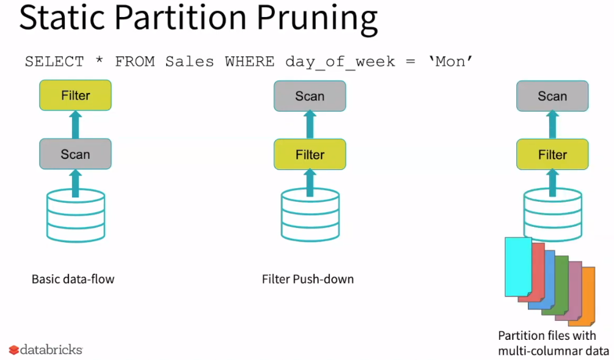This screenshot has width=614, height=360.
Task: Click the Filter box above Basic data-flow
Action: [75, 95]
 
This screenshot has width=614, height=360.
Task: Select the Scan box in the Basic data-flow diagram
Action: [75, 154]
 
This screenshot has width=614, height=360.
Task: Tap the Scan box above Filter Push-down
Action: [310, 96]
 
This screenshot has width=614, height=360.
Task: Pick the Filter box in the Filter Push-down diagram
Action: [310, 155]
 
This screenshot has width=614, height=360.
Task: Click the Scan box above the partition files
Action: [552, 96]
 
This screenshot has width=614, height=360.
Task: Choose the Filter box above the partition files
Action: [552, 155]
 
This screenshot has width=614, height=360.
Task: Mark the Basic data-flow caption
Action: [73, 279]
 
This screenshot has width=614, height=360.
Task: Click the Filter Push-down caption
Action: [307, 279]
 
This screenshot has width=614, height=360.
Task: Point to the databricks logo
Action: [45, 350]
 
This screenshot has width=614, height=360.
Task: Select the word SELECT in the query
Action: [54, 62]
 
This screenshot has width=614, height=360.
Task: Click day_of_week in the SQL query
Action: [340, 62]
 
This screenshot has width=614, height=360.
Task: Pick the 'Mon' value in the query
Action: [450, 62]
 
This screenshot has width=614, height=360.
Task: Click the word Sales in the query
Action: [188, 62]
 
